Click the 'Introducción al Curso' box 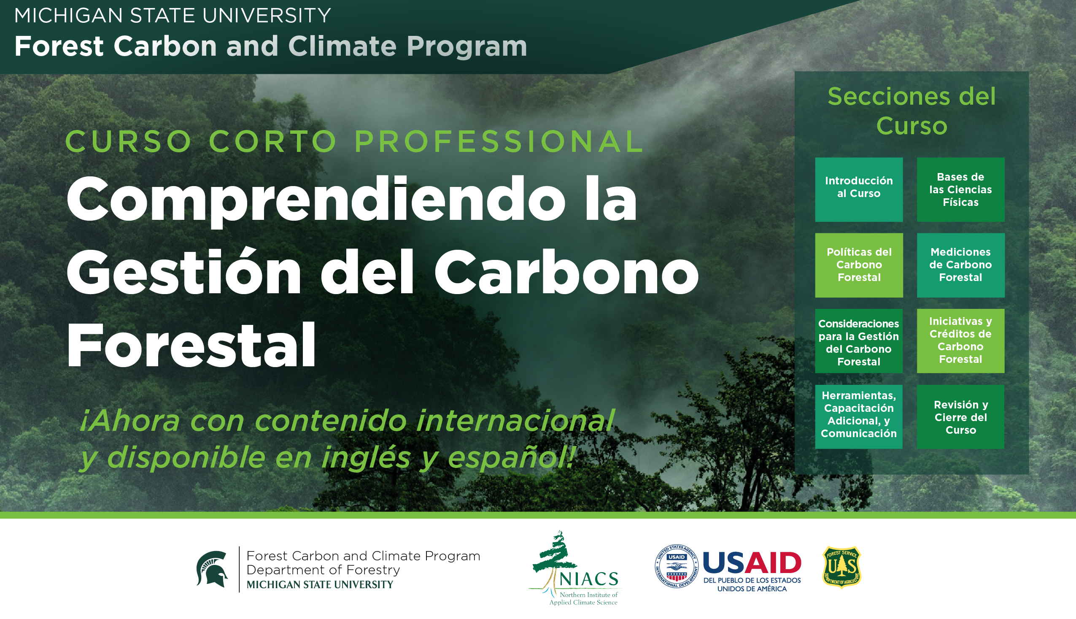point(858,189)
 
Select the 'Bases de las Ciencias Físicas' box point(960,189)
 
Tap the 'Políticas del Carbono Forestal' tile point(858,265)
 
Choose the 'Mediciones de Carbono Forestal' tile point(960,265)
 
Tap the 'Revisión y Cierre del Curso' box point(960,416)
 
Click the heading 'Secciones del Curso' point(911,111)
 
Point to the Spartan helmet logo point(212,569)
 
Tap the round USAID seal point(676,566)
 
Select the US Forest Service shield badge point(841,567)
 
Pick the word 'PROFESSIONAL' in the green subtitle point(499,142)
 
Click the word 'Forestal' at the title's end point(191,345)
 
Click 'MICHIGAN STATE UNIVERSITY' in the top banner point(172,16)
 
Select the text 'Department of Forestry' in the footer point(323,570)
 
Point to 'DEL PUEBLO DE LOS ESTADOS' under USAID point(752,580)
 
